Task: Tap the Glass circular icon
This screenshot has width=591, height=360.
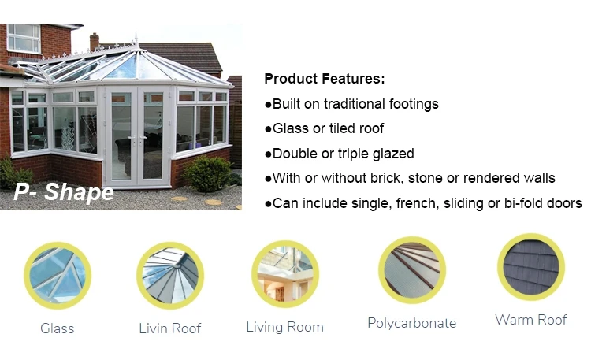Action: [57, 275]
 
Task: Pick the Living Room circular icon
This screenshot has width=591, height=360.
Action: [284, 273]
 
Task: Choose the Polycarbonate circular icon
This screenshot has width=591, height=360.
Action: [411, 269]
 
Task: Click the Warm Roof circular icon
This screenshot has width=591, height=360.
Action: [530, 266]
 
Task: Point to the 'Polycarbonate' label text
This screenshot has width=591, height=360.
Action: [411, 323]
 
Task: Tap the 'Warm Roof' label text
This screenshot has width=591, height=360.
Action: [530, 320]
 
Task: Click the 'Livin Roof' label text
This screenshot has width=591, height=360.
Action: [170, 328]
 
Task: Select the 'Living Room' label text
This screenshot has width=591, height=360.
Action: [284, 327]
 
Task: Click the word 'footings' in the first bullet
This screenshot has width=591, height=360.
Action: [413, 104]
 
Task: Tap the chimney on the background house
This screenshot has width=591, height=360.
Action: [95, 40]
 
